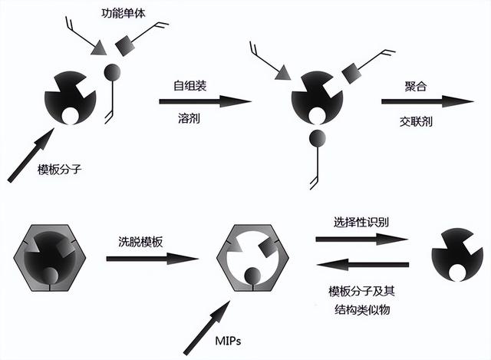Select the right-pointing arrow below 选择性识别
pos(361,240)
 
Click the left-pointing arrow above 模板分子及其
pos(361,266)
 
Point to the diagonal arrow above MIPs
pos(210,315)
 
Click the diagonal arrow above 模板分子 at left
pos(31,154)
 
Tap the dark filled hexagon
pos(50,257)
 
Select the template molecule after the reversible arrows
pos(453,257)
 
